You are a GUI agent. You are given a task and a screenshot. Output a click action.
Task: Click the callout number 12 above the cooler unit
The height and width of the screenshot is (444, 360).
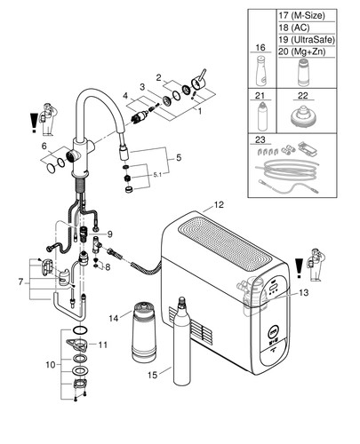[219, 205]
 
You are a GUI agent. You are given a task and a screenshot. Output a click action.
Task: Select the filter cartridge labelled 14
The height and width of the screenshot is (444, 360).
[144, 331]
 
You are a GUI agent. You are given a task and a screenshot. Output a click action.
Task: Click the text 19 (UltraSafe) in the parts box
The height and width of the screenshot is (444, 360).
[307, 39]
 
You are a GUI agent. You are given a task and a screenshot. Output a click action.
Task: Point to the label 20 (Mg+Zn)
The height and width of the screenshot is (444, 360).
[302, 52]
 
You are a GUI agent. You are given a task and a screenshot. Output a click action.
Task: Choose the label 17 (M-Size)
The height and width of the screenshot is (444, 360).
[301, 15]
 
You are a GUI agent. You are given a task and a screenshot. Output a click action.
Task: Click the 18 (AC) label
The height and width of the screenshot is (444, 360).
[294, 28]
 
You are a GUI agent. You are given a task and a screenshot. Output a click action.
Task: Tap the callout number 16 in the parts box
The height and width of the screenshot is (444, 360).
[260, 48]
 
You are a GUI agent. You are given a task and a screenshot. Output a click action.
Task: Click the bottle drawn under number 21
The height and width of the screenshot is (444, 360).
[262, 116]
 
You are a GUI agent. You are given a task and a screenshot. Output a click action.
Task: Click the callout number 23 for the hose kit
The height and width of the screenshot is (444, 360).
[260, 139]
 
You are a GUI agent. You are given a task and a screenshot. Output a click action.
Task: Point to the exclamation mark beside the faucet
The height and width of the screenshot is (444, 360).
[35, 123]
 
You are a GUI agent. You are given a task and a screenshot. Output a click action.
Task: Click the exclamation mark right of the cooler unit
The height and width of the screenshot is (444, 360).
[300, 268]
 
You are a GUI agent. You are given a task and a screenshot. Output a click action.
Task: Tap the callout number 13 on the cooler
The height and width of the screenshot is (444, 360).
[304, 293]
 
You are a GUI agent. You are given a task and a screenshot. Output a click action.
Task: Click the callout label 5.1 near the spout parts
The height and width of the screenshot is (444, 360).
[157, 175]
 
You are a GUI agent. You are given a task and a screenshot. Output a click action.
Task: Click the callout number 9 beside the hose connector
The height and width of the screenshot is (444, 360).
[110, 234]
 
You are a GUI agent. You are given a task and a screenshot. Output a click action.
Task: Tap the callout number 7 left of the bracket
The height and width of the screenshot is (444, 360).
[20, 282]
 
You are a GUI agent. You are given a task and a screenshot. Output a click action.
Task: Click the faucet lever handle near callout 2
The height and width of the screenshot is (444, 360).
[198, 80]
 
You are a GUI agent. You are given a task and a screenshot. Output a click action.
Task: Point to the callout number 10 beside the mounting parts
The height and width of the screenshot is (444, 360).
[51, 365]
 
